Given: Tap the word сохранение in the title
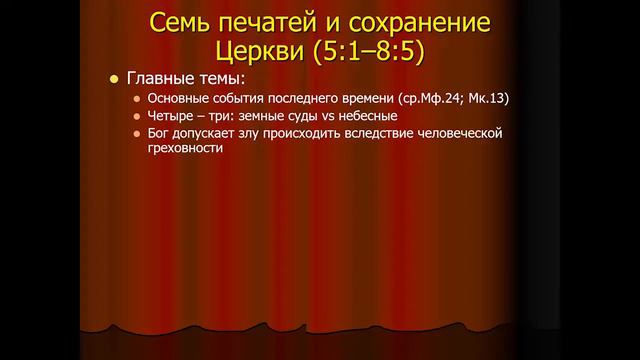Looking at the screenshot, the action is (419, 24).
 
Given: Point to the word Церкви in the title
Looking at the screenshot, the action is (260, 51).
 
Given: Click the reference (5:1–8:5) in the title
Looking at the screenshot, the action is (369, 52).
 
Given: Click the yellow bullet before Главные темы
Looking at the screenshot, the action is (114, 79).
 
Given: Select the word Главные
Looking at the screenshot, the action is (160, 78).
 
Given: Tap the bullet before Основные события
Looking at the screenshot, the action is (137, 99).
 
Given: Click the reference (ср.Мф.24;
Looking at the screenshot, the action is (431, 98).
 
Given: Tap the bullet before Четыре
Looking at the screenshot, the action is (137, 116).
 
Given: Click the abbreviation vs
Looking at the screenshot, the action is (328, 116).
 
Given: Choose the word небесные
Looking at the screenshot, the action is (368, 116).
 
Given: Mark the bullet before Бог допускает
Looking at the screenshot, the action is (137, 134).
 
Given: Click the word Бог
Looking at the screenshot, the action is (158, 133).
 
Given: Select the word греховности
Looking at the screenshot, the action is (185, 148).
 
